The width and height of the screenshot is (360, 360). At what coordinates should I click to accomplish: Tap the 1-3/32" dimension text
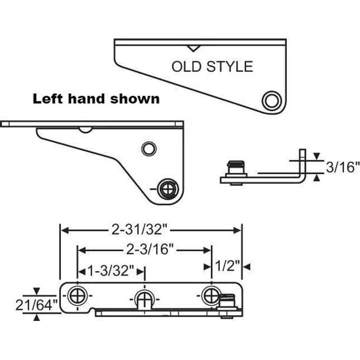pos(111,271)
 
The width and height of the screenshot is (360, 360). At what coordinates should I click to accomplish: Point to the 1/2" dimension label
pos(226,267)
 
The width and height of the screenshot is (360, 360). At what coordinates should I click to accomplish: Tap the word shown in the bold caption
pos(133,99)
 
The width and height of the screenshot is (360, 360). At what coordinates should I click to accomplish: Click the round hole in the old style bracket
pos(271,100)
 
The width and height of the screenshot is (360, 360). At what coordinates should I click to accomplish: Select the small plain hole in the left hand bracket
pos(148,148)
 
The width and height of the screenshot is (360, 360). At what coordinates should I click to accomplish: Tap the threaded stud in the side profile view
pos(237,168)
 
